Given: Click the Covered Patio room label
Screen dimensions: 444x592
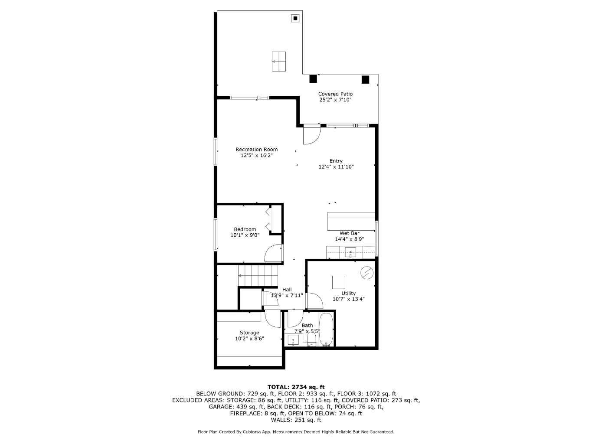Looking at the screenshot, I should [335, 94].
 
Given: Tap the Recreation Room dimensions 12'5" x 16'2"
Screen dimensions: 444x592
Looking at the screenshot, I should [256, 155].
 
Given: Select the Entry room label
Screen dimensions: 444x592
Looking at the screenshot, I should [336, 161].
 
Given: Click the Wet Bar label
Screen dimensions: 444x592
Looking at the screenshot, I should [349, 233].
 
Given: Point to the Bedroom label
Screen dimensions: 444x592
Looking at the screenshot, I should [245, 229].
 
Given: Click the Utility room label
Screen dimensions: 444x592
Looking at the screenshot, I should [348, 293].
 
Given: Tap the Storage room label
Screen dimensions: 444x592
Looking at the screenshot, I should [249, 333].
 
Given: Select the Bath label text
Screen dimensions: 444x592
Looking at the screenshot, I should [307, 326].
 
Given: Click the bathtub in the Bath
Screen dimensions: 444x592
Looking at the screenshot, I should [326, 330].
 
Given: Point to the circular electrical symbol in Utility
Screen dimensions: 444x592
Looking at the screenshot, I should [367, 272].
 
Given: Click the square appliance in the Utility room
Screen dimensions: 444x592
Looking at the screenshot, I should [339, 282].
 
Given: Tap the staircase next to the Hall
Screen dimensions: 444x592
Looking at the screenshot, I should [258, 276].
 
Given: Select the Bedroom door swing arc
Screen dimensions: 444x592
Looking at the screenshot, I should [273, 252].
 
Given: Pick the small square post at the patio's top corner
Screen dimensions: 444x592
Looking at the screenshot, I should [295, 18].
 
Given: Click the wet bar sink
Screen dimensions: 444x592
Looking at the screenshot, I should [350, 252].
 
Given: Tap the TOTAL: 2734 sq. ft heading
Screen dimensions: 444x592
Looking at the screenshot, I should [296, 387].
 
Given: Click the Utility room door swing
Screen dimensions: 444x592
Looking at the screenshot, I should [314, 301].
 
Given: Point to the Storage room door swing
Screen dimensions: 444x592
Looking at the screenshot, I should [273, 319].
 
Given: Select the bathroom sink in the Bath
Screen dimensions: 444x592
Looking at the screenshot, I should [293, 340].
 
